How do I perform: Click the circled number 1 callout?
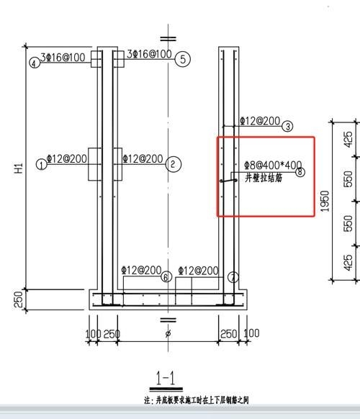pos(42,164)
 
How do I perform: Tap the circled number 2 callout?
pos(174,164)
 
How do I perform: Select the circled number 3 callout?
pos(288,127)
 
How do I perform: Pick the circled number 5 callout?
pos(184,59)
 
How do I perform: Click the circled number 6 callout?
pos(166,277)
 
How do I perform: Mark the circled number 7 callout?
pos(233,277)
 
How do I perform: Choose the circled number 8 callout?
pos(300,172)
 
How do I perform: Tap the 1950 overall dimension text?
pos(325,202)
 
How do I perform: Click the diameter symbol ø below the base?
pos(168,335)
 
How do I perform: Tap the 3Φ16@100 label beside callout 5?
pos(149,54)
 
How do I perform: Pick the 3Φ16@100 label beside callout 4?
pos(63,56)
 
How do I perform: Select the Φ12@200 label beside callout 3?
pos(260,121)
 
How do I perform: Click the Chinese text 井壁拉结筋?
pos(264,177)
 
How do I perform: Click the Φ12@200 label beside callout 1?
pos(66,158)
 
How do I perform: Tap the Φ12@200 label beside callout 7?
pos(198,270)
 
